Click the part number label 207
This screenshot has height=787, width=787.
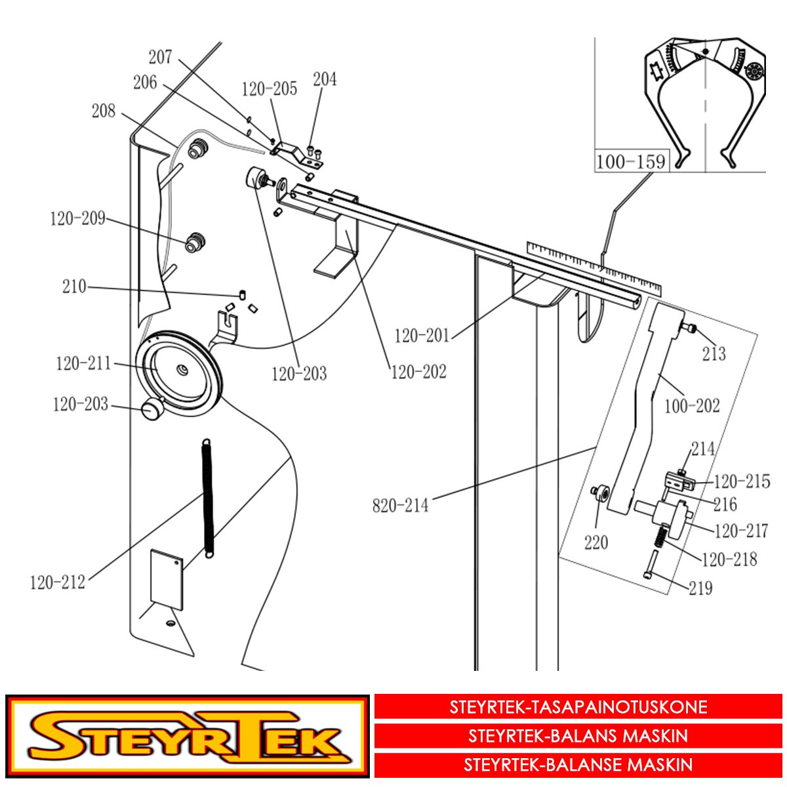point(160,57)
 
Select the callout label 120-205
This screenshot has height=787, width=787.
point(270,89)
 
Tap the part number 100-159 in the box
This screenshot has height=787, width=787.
point(632,162)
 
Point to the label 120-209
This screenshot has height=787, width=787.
point(77,218)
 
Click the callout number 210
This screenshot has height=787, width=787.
point(74,287)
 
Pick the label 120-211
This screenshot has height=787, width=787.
point(83,363)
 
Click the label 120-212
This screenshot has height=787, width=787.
point(58,582)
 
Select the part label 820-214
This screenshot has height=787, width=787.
point(400,506)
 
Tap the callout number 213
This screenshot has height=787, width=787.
point(714,353)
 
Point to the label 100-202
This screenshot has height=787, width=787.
point(693,406)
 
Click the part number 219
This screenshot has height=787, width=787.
point(701,588)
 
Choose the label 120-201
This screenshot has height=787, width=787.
point(422,336)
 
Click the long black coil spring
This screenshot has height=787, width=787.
point(209,498)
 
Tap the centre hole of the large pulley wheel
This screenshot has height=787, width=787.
point(181,371)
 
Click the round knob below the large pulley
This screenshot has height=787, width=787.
point(151,409)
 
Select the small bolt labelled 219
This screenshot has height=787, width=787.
point(650,564)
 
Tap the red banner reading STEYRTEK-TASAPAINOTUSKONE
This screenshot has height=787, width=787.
point(578,707)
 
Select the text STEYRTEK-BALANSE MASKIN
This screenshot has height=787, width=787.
point(578,765)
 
